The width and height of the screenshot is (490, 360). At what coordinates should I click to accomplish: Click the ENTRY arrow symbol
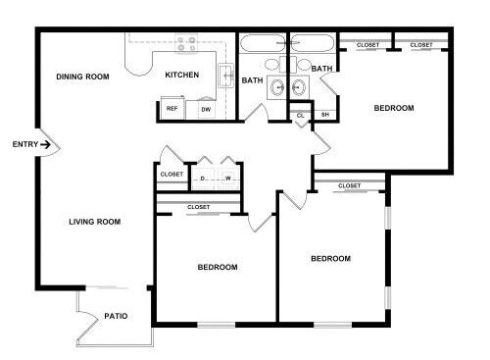[45, 144]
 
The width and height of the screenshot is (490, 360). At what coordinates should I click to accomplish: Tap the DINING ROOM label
[82, 77]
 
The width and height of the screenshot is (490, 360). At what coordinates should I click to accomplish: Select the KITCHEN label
[182, 75]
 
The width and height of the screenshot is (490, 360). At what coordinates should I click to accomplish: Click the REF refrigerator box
[172, 108]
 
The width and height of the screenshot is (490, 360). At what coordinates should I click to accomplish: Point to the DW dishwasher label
[206, 110]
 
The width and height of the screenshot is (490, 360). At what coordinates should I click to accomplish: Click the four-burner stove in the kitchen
[186, 44]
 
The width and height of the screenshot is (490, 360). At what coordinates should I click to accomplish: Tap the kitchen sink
[225, 76]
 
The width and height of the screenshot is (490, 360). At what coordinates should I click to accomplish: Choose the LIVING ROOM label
[95, 222]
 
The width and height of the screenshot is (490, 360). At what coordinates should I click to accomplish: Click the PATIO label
[116, 316]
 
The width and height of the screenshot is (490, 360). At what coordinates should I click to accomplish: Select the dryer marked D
[203, 179]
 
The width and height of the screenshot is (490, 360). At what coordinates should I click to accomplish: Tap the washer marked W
[228, 179]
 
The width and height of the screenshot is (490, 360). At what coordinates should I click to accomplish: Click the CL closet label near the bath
[300, 116]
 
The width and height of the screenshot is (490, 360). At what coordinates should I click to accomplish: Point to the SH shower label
[324, 115]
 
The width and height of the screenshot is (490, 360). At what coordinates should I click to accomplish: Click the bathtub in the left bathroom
[263, 43]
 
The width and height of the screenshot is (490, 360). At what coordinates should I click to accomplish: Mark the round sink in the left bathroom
[277, 87]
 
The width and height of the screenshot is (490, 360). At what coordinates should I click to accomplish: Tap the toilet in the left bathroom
[273, 65]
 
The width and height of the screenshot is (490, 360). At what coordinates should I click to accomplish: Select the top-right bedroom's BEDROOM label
[394, 108]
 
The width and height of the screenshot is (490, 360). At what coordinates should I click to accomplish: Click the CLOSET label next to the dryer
[171, 175]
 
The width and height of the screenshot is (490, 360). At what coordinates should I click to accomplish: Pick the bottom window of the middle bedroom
[216, 325]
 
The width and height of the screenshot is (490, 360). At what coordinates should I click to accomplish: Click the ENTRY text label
[25, 144]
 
